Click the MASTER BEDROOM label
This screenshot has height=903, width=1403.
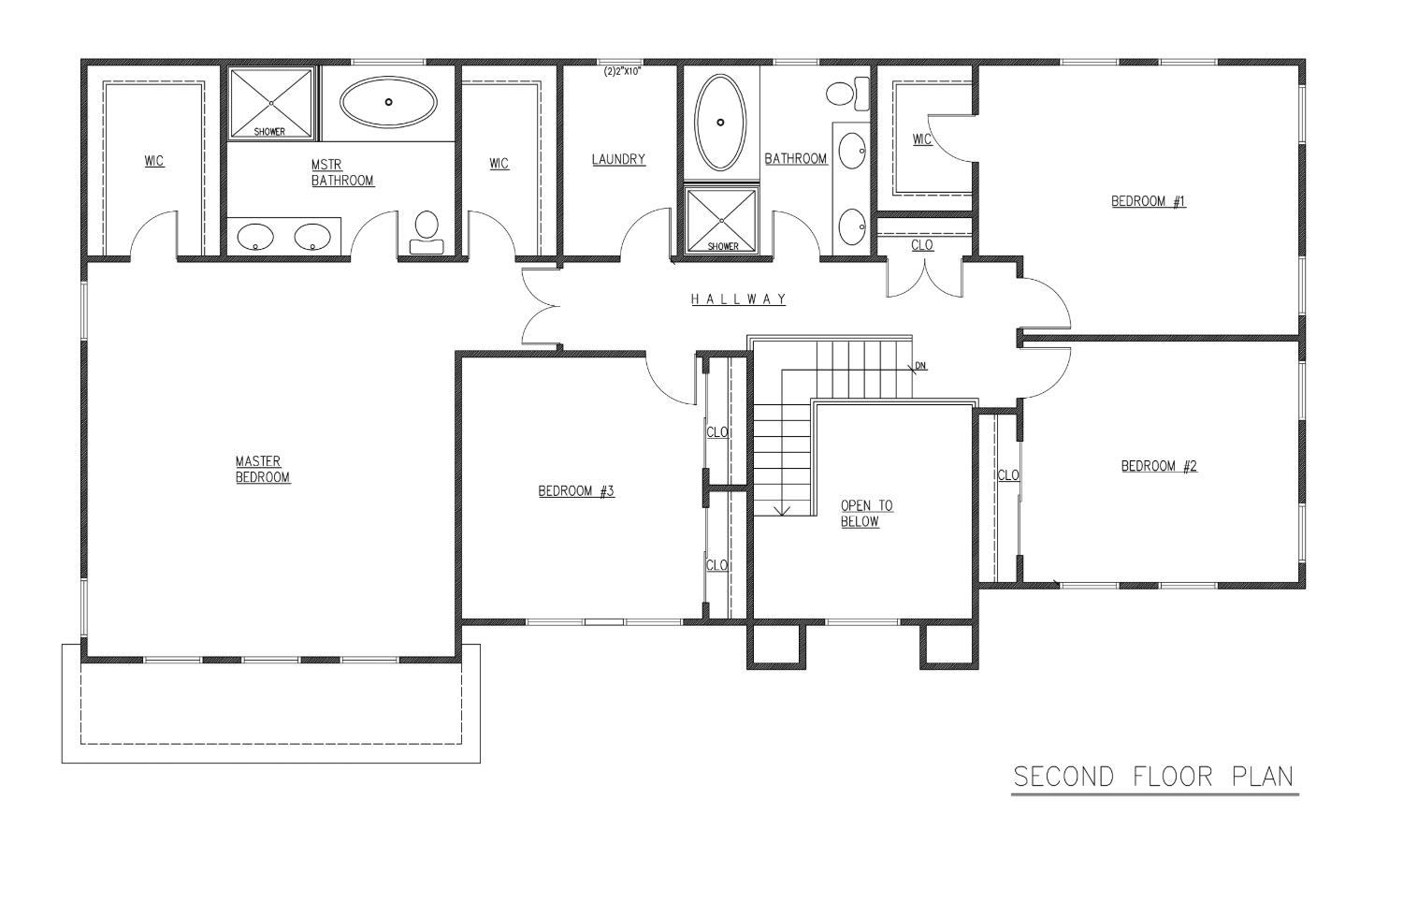263,470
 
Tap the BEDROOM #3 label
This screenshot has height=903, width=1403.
576,491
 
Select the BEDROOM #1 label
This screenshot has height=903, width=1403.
1149,202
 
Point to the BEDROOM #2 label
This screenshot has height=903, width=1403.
1159,466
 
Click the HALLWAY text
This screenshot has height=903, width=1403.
738,299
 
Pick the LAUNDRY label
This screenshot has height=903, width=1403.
618,160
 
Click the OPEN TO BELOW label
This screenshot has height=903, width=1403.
866,514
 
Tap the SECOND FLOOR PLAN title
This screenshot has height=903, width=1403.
1153,777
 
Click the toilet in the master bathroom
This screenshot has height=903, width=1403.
427,232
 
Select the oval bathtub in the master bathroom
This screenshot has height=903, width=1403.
388,102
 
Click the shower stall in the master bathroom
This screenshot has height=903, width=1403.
271,102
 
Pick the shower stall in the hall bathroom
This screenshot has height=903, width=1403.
721,221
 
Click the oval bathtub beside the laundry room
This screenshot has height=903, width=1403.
720,123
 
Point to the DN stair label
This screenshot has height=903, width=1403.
920,365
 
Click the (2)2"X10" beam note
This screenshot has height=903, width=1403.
622,71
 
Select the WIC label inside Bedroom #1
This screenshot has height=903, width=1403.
922,139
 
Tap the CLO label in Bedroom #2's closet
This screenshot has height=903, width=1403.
1007,475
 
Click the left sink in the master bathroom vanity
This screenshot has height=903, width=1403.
255,237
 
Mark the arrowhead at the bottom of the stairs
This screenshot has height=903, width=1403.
782,510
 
